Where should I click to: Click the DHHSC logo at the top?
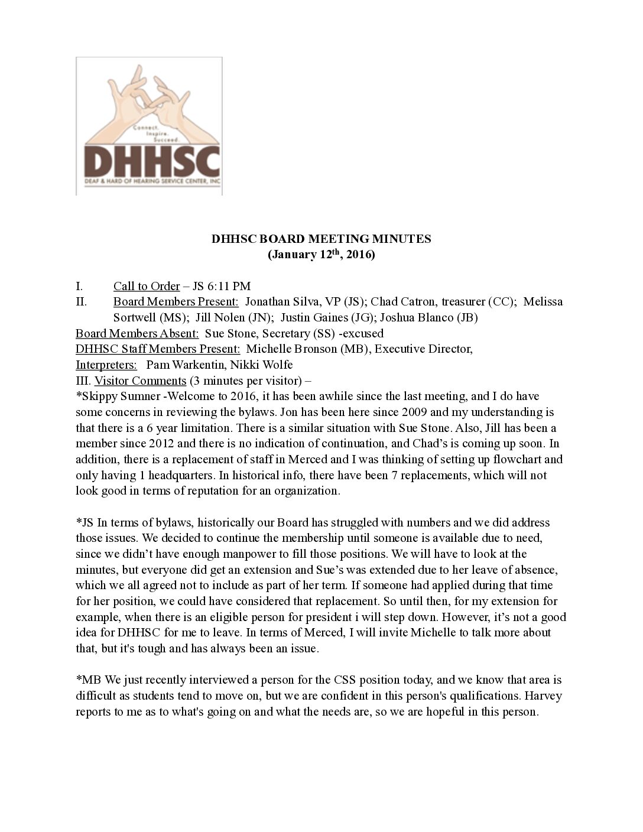[149, 126]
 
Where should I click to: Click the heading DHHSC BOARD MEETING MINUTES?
[321, 239]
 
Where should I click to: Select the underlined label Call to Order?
[147, 287]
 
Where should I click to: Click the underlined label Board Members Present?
[176, 302]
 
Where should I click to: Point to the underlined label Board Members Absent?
[137, 333]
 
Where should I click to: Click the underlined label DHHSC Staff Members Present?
[158, 349]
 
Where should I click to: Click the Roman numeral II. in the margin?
[82, 302]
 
